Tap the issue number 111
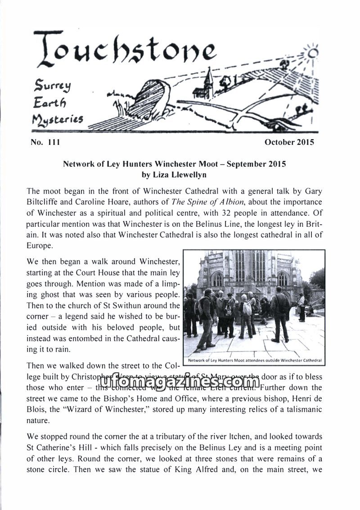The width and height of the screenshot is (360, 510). (x=53, y=143)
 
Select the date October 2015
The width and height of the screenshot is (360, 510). (x=289, y=143)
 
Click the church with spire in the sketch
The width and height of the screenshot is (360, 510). (x=207, y=85)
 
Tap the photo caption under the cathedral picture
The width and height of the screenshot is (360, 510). (x=254, y=361)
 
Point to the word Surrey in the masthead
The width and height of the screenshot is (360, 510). (x=50, y=85)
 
